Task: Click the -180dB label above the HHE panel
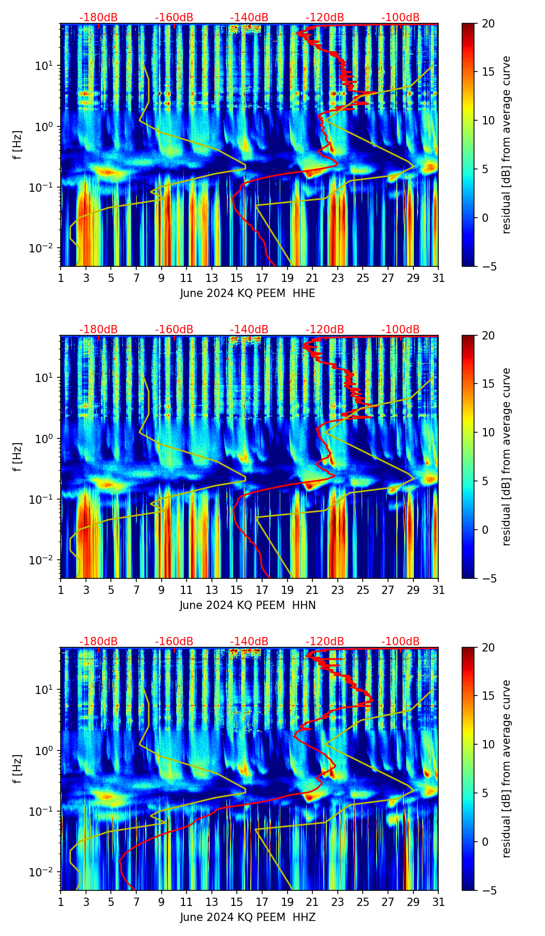tap(98, 18)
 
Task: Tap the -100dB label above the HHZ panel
tap(400, 642)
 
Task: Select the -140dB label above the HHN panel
tap(249, 330)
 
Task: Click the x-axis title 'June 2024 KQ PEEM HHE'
tap(248, 293)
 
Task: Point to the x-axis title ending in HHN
tap(248, 605)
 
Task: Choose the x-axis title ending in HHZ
tap(248, 917)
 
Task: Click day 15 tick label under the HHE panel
tap(237, 278)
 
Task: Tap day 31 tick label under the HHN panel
tap(438, 590)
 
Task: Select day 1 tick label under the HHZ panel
tap(61, 902)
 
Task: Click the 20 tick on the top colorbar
tap(488, 24)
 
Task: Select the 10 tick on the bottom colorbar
tap(488, 745)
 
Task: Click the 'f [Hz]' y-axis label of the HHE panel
tap(18, 145)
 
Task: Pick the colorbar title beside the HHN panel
tap(507, 457)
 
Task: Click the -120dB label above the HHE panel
tap(325, 18)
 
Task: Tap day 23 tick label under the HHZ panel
tap(338, 902)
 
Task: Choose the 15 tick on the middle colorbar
tap(488, 384)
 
